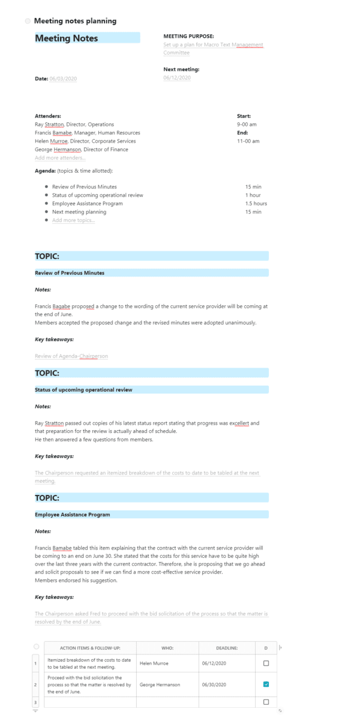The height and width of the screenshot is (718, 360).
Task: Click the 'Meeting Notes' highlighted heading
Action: [67, 38]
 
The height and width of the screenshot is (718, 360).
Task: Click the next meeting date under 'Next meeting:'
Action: [177, 79]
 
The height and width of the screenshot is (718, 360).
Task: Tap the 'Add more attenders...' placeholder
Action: [60, 158]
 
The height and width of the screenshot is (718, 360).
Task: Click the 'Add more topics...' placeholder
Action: [73, 220]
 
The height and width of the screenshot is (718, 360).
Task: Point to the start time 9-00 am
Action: [247, 124]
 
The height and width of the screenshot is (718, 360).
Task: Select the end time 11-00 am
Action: [248, 141]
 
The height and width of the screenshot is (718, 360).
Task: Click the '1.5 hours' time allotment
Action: [256, 203]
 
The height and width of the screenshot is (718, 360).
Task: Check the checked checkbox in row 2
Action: [266, 684]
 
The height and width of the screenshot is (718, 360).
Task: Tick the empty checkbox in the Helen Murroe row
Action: [266, 663]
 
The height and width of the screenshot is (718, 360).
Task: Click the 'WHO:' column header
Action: [167, 647]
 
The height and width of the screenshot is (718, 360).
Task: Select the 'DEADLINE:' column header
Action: [227, 647]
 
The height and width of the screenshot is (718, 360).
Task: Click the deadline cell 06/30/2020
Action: [214, 684]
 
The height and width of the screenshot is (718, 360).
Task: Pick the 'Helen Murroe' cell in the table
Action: [154, 663]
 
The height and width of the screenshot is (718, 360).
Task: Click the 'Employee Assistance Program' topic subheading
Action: [72, 514]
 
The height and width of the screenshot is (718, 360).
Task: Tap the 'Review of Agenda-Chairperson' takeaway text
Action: [71, 356]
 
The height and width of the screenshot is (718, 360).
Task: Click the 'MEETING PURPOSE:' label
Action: [188, 36]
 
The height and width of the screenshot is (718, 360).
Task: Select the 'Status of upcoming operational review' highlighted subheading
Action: [83, 389]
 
